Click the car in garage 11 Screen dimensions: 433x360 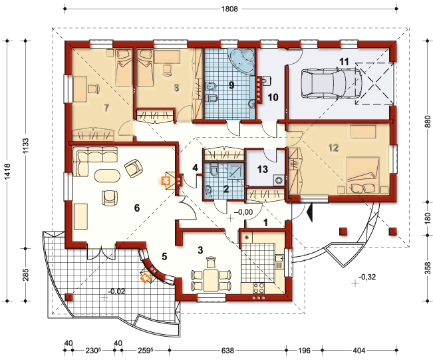coord(331,83)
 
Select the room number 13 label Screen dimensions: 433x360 coord(262,169)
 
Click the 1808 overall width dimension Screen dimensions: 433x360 coord(229,9)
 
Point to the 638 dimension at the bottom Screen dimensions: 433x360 coord(228,351)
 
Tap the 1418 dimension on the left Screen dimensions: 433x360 coord(7,171)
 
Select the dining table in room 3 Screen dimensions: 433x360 coord(212,280)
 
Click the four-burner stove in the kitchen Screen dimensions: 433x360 coord(259,288)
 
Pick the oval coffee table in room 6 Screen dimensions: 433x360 coord(108,176)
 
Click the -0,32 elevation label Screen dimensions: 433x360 coord(367,277)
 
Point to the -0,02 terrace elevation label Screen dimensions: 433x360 coord(116,291)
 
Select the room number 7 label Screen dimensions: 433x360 coord(106,108)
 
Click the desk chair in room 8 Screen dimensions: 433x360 coord(168,70)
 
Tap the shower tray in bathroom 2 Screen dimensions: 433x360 coord(236,171)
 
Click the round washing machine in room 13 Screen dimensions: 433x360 coord(279,181)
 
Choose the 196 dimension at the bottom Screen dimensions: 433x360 coord(304,351)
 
